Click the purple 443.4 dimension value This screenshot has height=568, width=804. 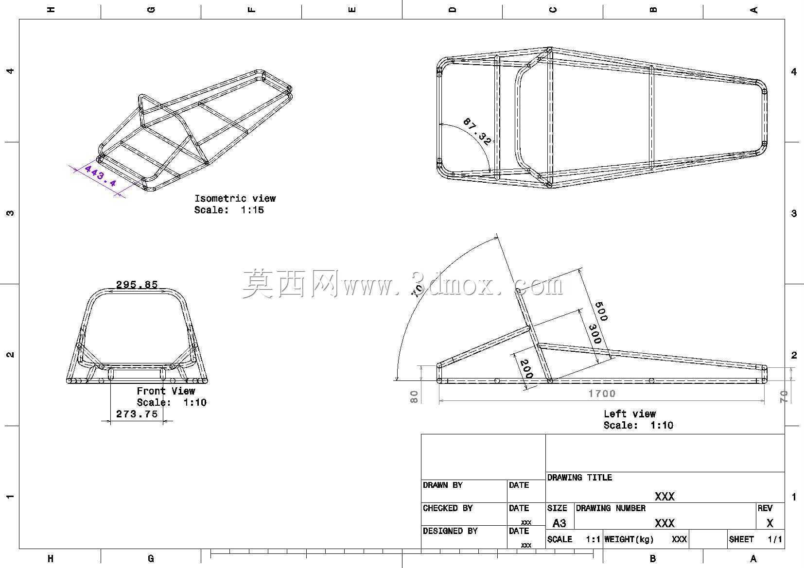tap(101, 175)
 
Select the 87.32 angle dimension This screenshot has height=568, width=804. tap(477, 132)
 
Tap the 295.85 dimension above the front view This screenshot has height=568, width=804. tap(137, 285)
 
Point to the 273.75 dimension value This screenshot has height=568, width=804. tap(137, 414)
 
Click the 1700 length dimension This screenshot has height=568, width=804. tap(602, 394)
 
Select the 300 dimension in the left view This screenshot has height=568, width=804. tap(595, 334)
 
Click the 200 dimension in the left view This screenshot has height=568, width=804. tap(526, 369)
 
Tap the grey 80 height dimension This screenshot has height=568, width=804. tap(414, 397)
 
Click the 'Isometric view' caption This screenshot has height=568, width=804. tap(235, 198)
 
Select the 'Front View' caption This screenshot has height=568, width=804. tap(166, 391)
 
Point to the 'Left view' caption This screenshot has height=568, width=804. tap(629, 413)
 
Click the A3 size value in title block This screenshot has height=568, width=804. tap(559, 523)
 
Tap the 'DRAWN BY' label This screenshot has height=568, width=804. tap(442, 485)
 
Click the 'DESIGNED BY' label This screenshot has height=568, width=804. tap(450, 531)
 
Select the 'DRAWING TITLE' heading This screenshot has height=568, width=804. tap(579, 478)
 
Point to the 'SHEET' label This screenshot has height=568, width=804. tap(741, 539)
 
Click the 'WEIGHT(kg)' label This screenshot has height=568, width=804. tap(629, 539)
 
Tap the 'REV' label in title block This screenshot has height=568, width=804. tap(765, 508)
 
